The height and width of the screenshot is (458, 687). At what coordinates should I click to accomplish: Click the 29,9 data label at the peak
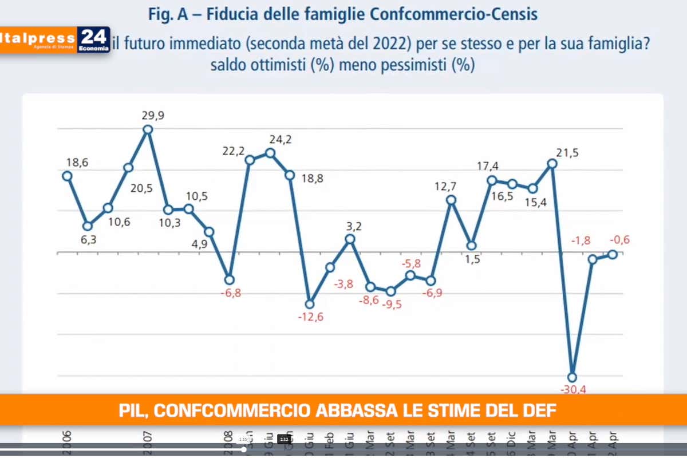coord(153,116)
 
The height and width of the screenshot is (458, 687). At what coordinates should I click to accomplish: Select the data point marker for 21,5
coord(552,164)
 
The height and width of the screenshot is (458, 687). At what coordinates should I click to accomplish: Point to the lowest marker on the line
coord(572,377)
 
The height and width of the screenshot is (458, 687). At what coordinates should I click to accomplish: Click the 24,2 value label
coord(281,140)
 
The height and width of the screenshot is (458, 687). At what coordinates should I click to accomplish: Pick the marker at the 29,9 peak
coord(148,129)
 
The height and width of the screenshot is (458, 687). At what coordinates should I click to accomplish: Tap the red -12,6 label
coord(310,317)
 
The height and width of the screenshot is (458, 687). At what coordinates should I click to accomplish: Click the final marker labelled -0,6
coord(612,254)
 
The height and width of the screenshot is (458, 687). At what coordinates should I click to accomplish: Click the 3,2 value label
coord(354,226)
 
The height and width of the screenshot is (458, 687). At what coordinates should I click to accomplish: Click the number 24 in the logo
coord(93,37)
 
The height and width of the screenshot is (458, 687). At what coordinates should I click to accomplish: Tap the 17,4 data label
coord(488,167)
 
